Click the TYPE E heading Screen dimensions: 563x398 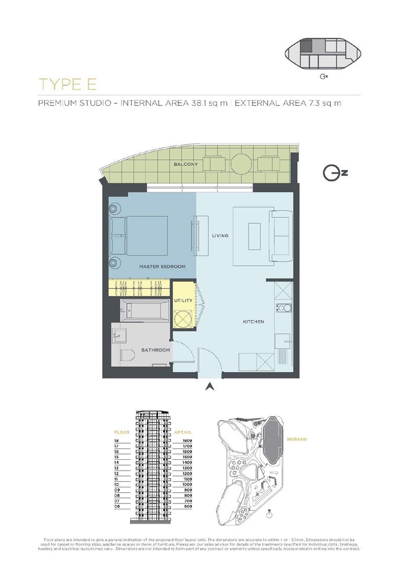coord(68,84)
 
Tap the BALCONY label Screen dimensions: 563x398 coord(186,165)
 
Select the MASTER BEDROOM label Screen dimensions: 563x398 coord(162,266)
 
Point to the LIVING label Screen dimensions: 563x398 coord(220,236)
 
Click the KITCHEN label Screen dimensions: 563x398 coord(254,322)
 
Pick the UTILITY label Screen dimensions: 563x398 coord(183,301)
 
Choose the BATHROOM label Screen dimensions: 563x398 coord(155,350)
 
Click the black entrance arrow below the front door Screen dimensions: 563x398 coord(210,387)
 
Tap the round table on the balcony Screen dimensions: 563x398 coord(242,164)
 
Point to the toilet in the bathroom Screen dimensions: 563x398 coord(126,356)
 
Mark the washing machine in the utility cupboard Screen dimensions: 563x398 coord(183,317)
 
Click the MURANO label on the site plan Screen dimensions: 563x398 coord(297,439)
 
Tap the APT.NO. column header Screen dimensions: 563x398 coord(185,432)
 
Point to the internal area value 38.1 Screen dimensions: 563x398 coord(200,103)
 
